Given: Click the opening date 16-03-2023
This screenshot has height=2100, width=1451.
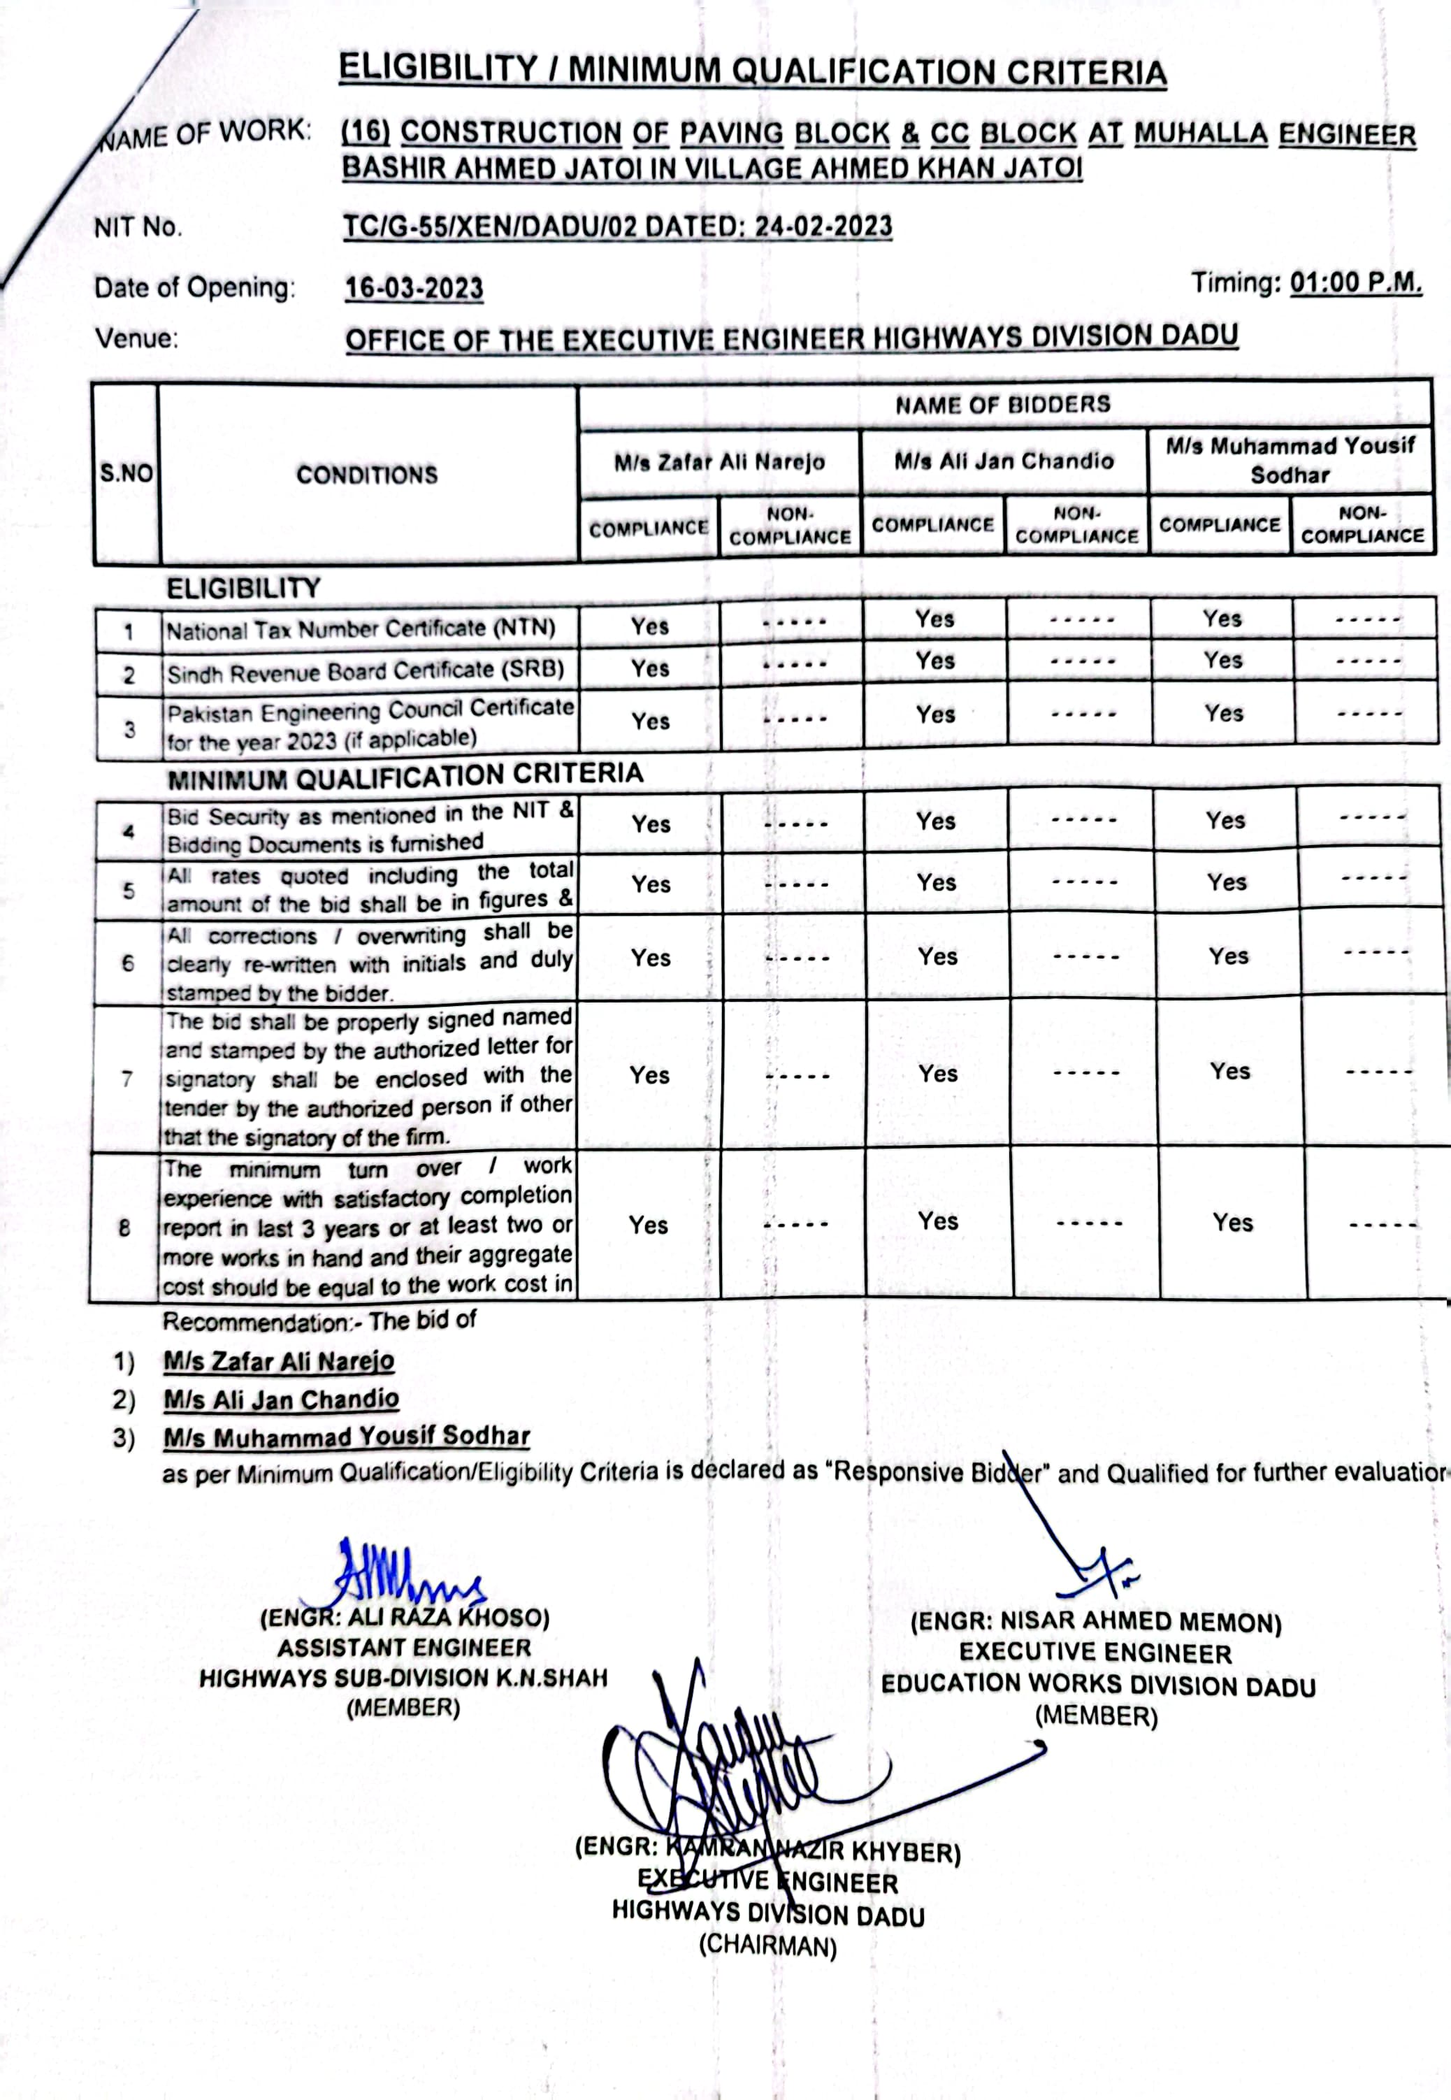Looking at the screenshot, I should coord(414,289).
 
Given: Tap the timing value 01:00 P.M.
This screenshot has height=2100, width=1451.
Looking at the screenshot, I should coord(1355,282).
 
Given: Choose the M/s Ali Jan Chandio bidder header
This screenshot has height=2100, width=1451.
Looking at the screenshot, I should coord(1004,461).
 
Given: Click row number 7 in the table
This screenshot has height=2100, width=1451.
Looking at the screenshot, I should coord(127,1079).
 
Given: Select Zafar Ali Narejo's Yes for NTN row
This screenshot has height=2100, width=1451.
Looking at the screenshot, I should coord(650,626).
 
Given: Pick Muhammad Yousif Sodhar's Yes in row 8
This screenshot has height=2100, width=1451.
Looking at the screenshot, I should coord(1232,1223).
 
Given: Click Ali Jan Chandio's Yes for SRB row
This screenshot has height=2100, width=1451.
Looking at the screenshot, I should coord(934,661).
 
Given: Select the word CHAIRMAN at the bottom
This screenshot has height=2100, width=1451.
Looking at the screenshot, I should coord(767,1946).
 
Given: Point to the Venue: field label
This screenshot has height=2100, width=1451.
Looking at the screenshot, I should coord(136,339).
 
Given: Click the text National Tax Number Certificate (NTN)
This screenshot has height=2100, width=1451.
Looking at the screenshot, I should coord(360,629).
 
